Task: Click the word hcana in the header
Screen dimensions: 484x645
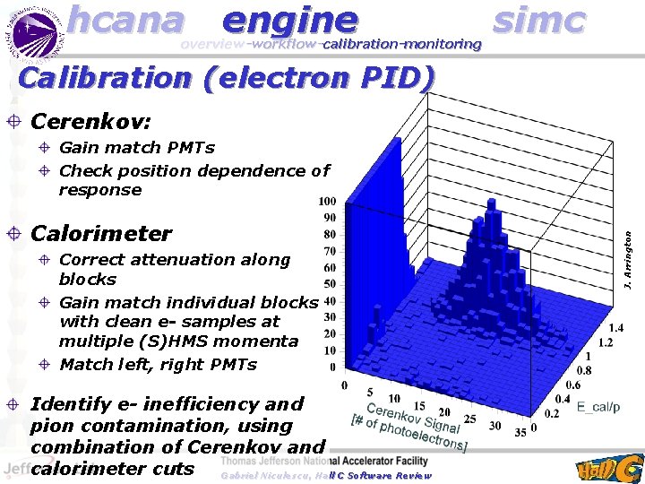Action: tap(125, 20)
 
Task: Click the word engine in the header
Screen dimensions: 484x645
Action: tap(290, 20)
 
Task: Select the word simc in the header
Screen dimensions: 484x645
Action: tap(539, 20)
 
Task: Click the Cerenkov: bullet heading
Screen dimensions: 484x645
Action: tap(90, 120)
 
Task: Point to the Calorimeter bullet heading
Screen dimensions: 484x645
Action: tap(101, 234)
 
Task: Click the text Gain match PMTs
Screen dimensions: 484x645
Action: tap(136, 147)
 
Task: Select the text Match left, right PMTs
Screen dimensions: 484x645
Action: tap(158, 364)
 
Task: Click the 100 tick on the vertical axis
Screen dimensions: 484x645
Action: tap(327, 202)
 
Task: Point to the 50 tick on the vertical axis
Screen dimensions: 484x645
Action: tap(330, 284)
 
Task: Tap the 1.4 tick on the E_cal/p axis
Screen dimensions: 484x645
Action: tap(618, 329)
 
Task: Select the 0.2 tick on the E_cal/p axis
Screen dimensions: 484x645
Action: tap(553, 413)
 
